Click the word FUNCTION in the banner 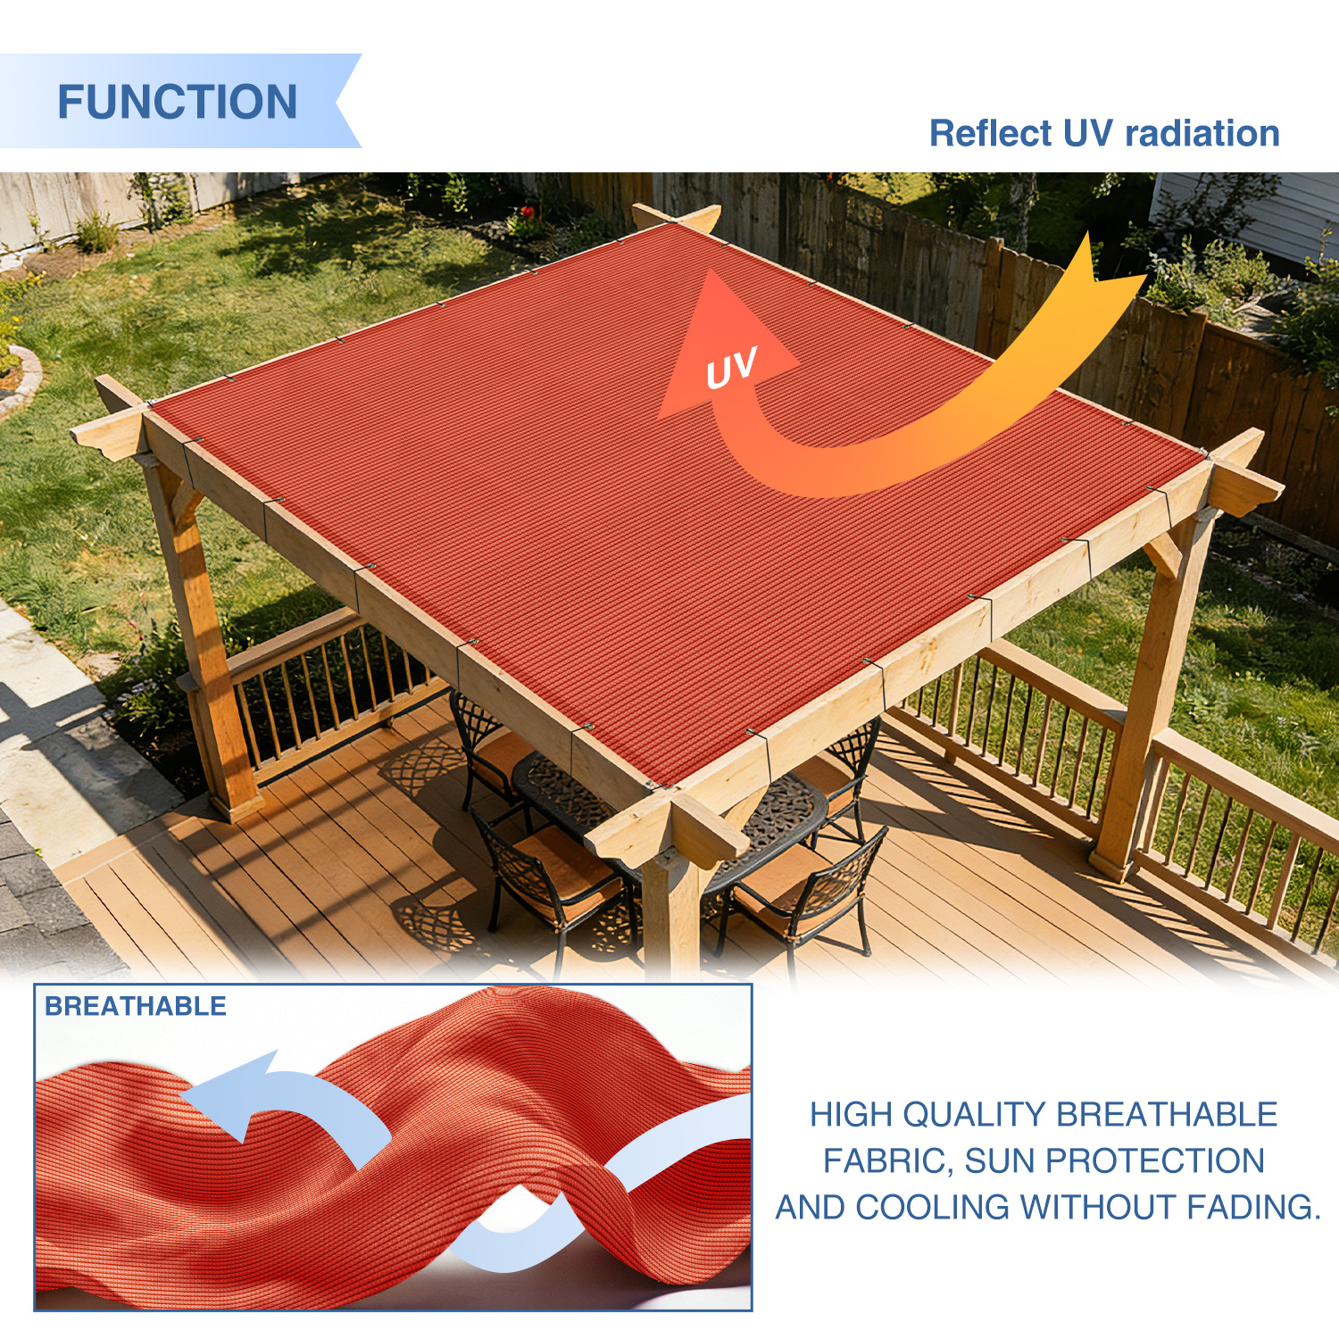coord(178,102)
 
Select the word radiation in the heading coord(1202,133)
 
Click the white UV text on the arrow coord(731,368)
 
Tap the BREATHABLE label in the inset coord(136,1006)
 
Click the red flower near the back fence coord(527,213)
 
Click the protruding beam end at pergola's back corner coord(677,217)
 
